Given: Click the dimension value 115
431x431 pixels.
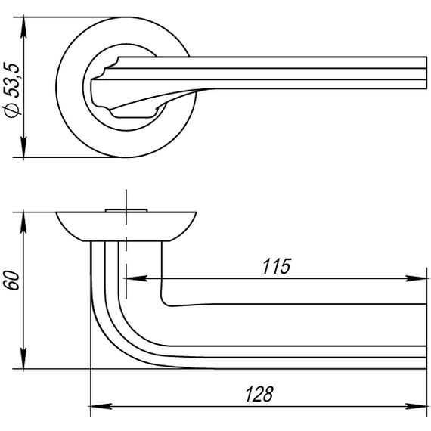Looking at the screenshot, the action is [x=276, y=266].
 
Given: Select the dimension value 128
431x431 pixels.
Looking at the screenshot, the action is [x=259, y=394].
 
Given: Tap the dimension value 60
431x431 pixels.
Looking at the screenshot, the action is [x=13, y=280].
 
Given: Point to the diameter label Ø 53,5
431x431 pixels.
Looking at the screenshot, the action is [x=12, y=90].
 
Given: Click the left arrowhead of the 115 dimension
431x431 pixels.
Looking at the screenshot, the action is [x=136, y=278].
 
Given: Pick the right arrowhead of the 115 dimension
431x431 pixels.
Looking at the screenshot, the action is [x=416, y=278].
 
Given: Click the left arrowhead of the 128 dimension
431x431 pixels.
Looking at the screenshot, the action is [x=101, y=406].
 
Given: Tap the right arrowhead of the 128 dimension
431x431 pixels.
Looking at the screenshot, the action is [x=416, y=406].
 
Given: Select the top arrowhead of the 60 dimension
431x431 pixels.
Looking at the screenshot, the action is [x=23, y=222].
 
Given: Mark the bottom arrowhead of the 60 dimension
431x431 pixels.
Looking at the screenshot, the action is [x=23, y=358].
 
